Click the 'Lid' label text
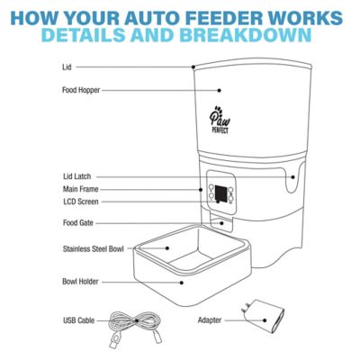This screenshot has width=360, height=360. [67, 67]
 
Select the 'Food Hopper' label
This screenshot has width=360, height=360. [81, 90]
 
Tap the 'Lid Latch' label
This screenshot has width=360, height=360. [78, 176]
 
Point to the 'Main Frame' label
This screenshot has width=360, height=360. [81, 190]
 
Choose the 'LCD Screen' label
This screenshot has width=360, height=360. [81, 202]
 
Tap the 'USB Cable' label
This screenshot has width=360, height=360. [79, 319]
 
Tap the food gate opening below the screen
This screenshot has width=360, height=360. [218, 223]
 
